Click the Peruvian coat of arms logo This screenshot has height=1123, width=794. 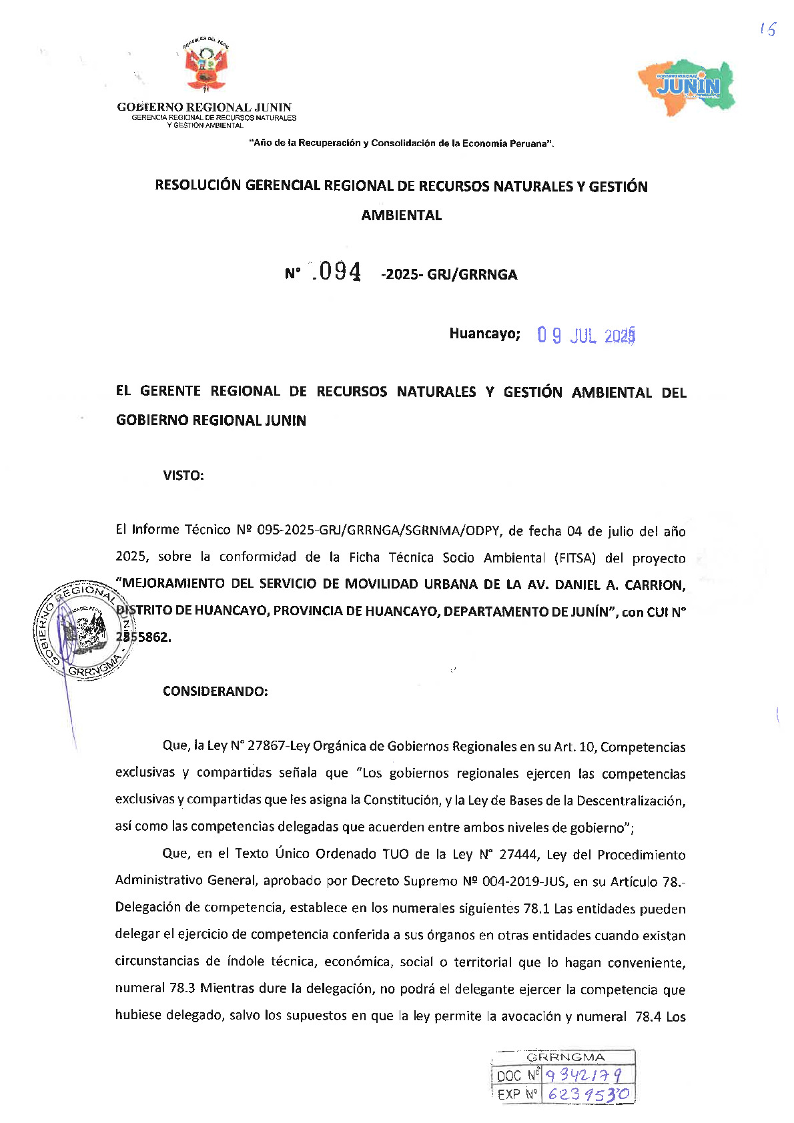click(206, 66)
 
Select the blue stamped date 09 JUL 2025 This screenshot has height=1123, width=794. click(586, 335)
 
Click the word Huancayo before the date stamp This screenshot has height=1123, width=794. click(484, 334)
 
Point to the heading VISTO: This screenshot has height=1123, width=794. click(183, 476)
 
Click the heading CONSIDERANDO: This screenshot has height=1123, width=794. click(215, 691)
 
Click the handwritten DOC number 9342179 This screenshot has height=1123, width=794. click(584, 1075)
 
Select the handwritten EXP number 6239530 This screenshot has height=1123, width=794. click(587, 1094)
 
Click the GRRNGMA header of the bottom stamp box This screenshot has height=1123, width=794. click(565, 1058)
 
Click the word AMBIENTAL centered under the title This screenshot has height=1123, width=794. click(401, 216)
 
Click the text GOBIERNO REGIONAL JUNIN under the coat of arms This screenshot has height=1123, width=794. click(204, 107)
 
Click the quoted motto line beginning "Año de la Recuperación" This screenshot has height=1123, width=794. click(401, 143)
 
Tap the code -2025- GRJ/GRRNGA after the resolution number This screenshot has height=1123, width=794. click(449, 275)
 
